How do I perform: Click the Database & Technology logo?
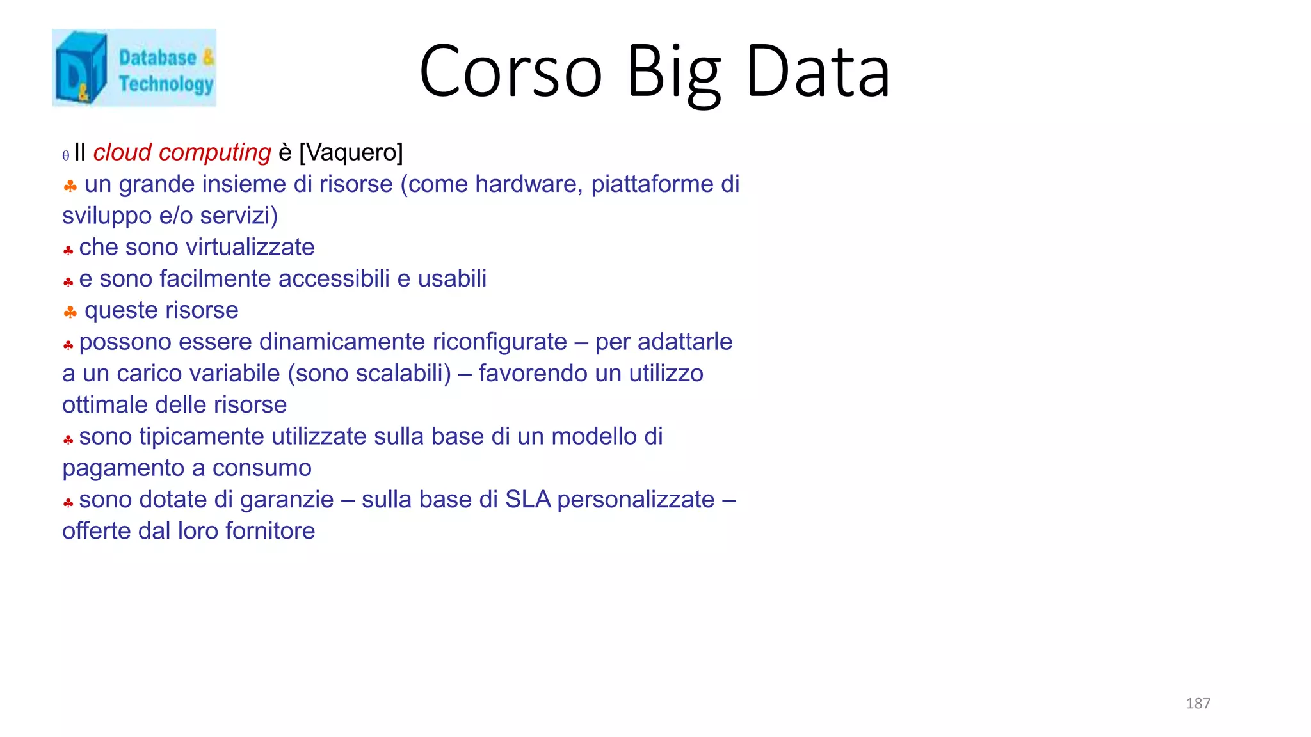coord(134,68)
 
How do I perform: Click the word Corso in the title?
coord(510,71)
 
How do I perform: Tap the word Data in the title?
coord(817,71)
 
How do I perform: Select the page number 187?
coord(1198,703)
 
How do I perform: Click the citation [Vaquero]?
coord(351,152)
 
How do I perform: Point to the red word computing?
coord(215,153)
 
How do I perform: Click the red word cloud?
coord(122,152)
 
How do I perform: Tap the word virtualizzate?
coord(250,247)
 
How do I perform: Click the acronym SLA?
coord(527,499)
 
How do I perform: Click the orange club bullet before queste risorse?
coord(70,312)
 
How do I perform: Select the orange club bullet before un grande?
coord(70,186)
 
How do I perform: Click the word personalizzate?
coord(636,499)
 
